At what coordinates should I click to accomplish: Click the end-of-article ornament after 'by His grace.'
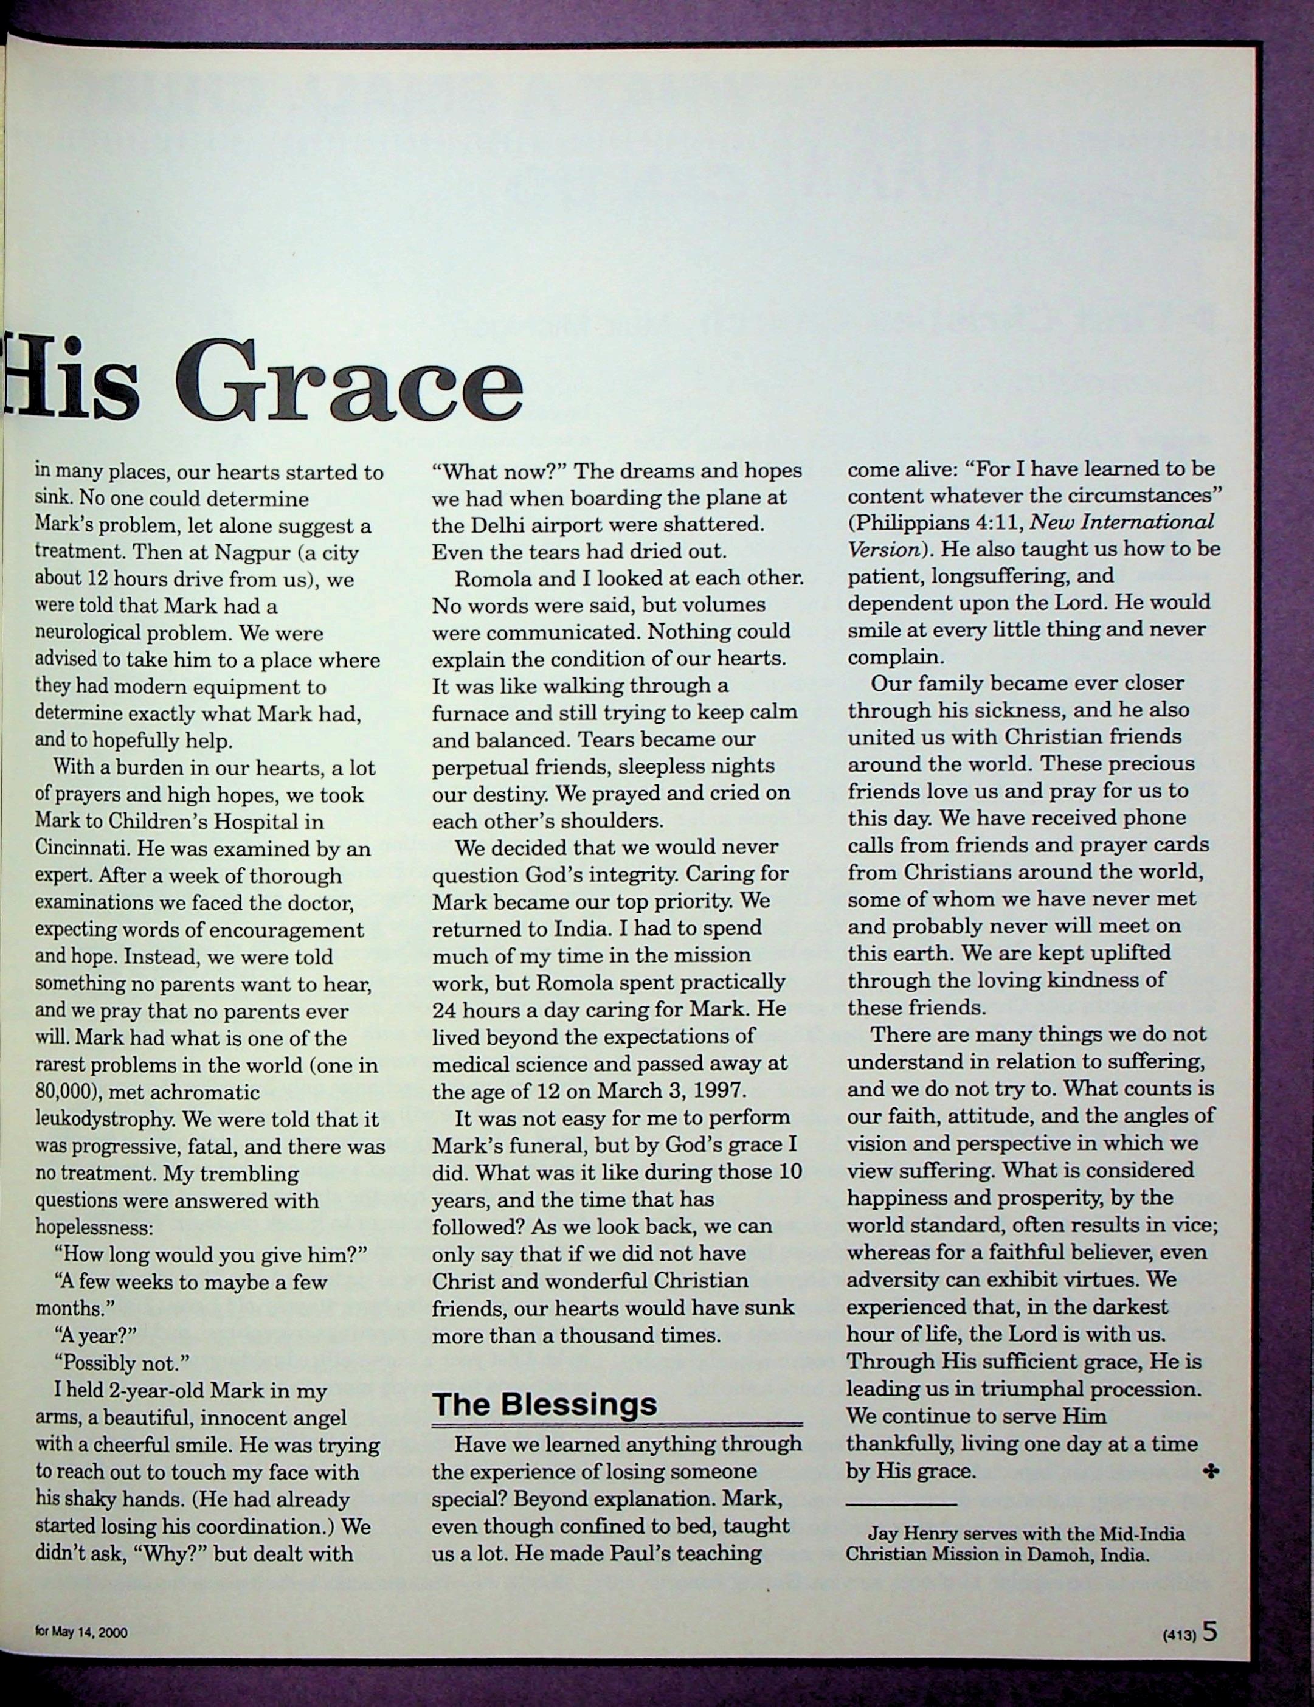pos(1211,1472)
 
